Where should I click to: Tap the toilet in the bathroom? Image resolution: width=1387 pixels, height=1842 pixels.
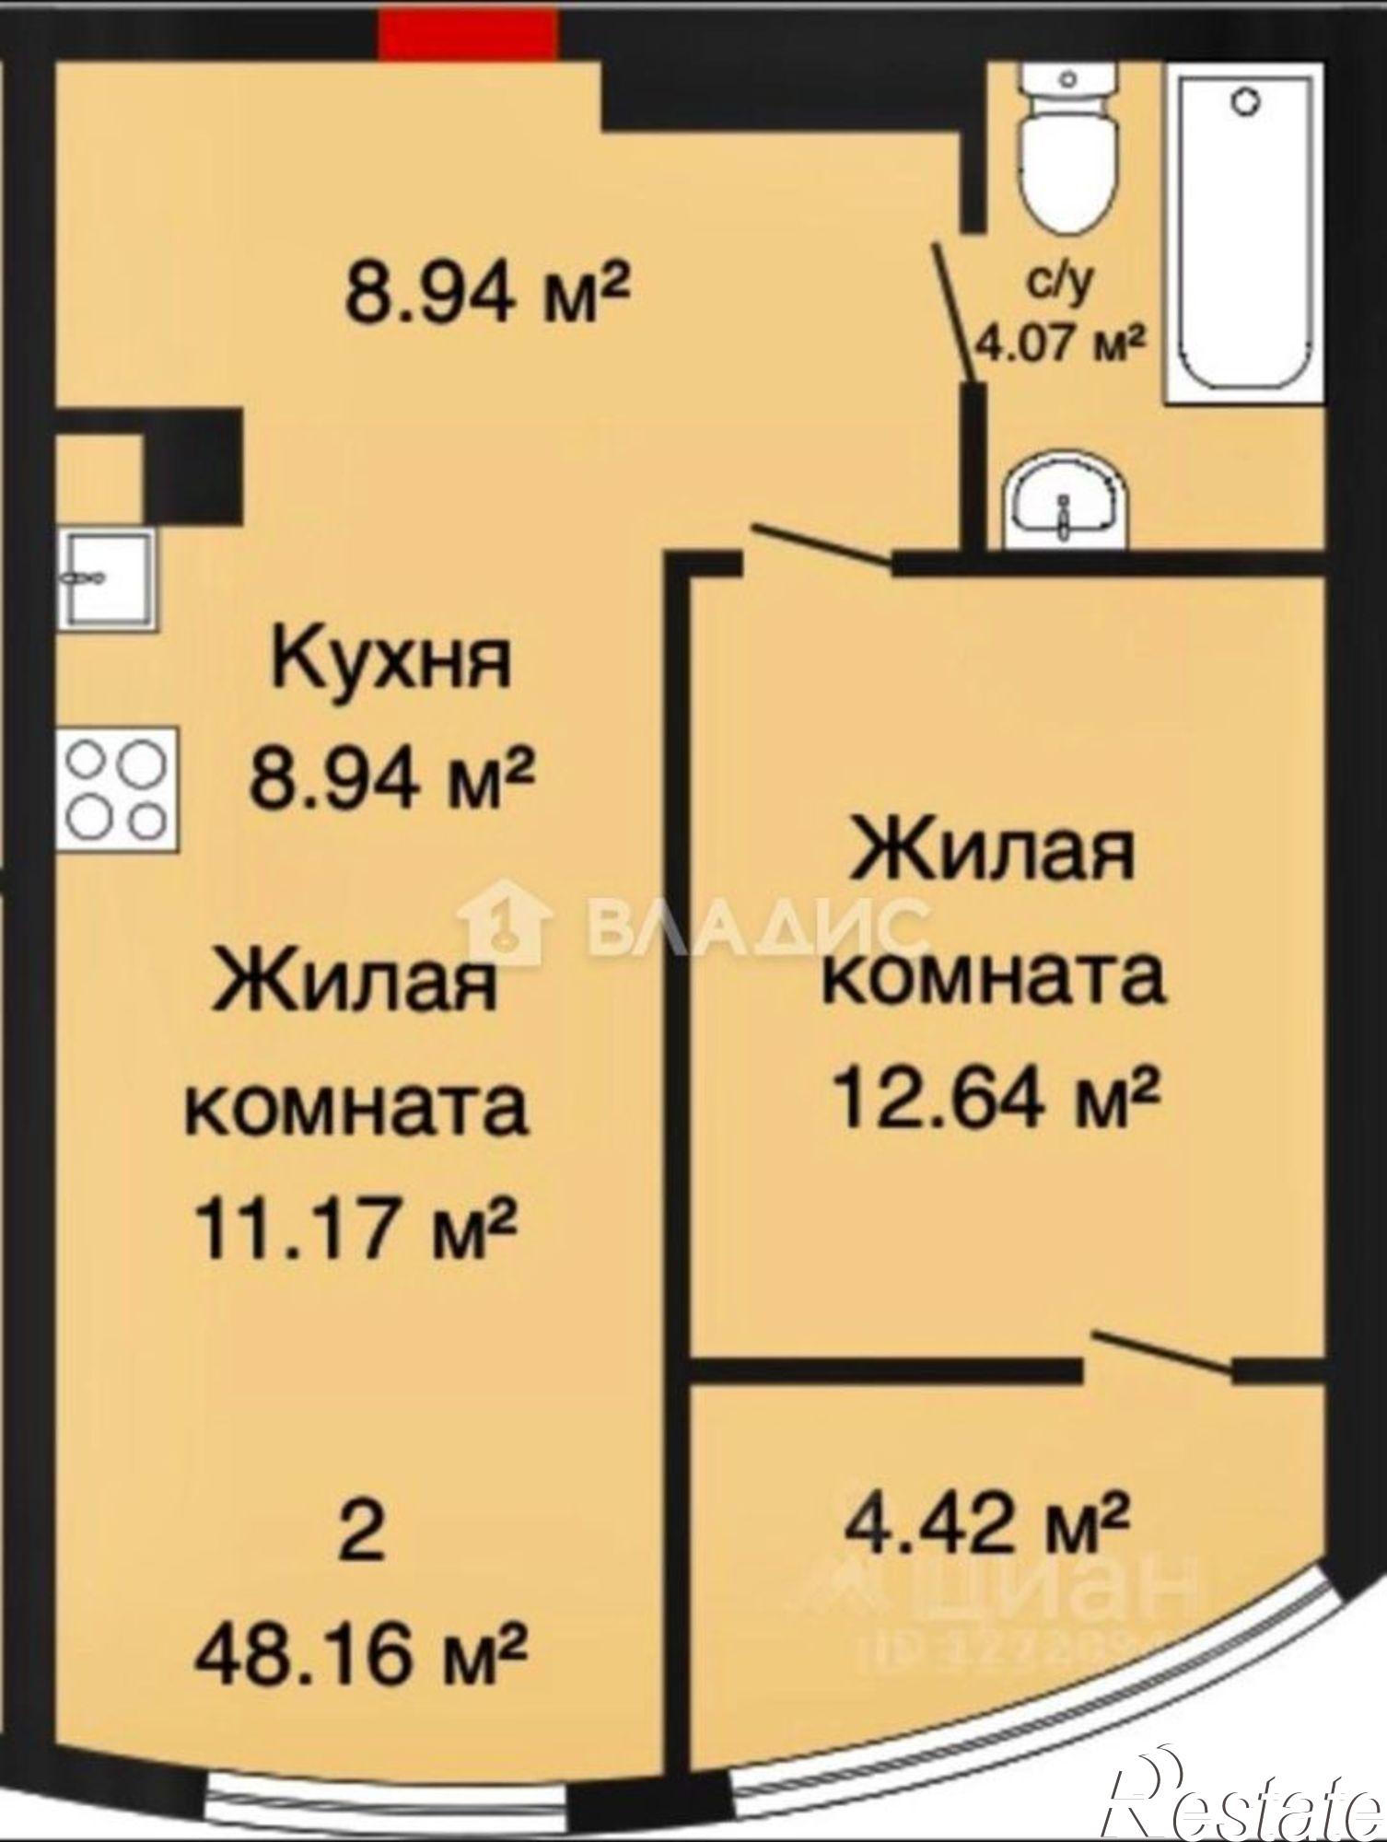(1068, 157)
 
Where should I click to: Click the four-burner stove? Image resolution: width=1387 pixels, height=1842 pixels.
(117, 788)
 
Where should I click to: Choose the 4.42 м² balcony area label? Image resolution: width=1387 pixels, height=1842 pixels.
(986, 1521)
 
